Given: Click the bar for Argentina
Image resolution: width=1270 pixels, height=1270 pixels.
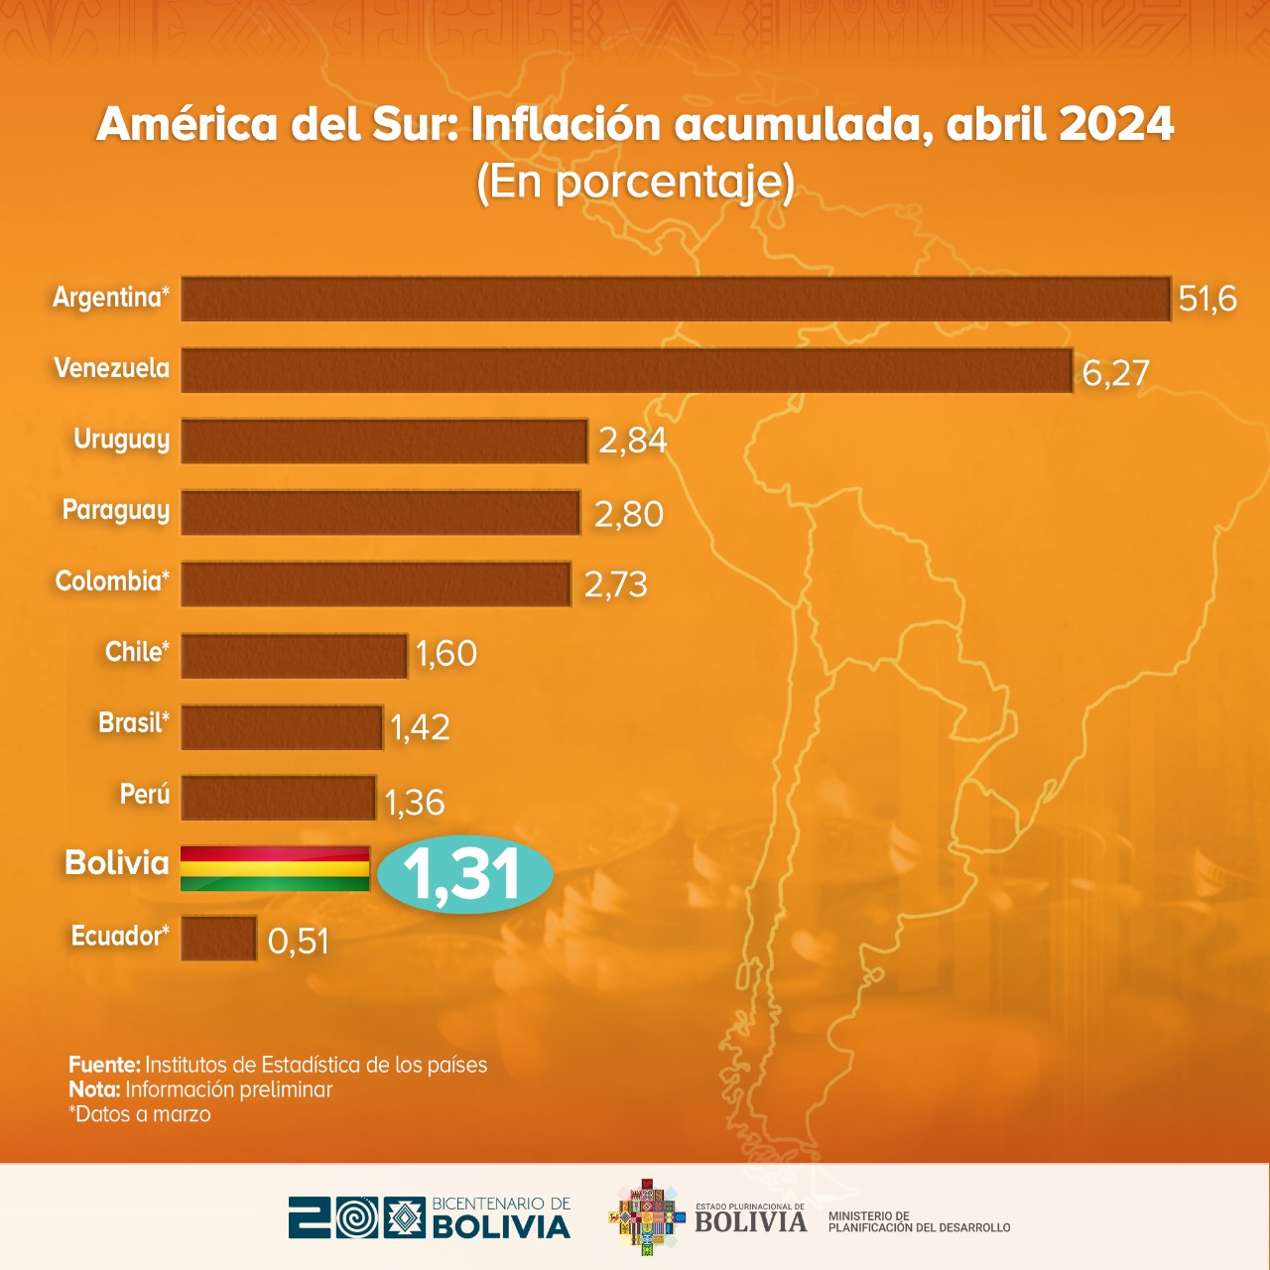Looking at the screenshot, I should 675,299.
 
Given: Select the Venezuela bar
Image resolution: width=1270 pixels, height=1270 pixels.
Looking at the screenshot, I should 626,370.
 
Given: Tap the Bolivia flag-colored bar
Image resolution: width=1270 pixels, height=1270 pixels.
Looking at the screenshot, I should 275,868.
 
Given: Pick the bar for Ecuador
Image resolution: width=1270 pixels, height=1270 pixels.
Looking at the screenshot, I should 219,938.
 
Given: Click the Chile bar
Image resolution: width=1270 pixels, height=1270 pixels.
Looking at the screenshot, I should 294,656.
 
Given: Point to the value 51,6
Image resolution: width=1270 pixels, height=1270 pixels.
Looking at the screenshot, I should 1207,299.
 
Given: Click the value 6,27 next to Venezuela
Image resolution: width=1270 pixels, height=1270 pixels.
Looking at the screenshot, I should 1115,373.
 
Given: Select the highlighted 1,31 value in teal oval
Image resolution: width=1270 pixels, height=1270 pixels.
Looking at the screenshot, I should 464,874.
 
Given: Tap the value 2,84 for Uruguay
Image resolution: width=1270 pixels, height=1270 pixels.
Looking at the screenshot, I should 632,441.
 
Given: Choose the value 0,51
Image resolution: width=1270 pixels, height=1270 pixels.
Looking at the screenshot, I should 298,941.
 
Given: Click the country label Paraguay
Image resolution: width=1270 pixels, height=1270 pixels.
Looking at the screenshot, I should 116,511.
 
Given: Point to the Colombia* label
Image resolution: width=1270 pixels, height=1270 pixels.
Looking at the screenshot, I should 112,581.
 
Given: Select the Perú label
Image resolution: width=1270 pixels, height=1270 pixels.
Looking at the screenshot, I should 145,795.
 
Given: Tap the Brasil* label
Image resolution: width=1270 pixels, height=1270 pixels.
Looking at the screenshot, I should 134,723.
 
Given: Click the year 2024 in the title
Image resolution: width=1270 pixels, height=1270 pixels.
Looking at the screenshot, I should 1116,125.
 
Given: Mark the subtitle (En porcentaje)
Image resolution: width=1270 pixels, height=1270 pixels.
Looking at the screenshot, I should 635,182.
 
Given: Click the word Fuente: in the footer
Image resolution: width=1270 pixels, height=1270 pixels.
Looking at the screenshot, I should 104,1065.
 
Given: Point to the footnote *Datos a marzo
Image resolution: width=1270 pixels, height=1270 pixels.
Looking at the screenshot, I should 140,1114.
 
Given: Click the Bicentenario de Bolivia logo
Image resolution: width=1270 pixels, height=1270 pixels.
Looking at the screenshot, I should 430,1217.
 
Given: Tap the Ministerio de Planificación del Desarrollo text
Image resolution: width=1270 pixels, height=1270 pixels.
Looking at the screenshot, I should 919,1222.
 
